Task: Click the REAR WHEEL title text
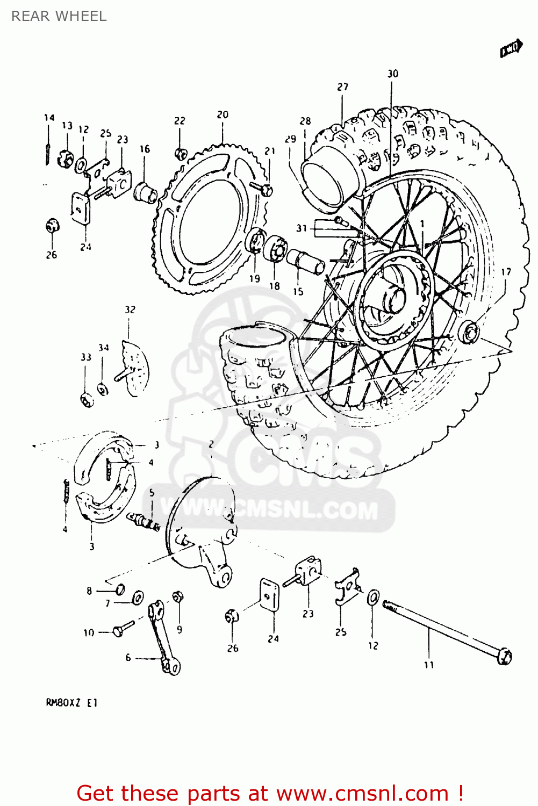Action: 59,16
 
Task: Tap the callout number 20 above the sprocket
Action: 223,114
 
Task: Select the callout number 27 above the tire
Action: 343,87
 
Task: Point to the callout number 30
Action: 393,74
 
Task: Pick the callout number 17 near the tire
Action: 506,272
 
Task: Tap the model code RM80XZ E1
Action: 71,702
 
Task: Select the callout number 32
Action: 130,310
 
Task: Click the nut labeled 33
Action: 86,399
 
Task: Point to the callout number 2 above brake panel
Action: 211,444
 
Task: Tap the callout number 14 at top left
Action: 49,117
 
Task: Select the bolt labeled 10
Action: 123,629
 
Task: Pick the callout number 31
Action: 302,228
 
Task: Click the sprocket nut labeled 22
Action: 180,154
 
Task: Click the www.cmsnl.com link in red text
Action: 362,793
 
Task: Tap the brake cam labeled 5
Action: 144,521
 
